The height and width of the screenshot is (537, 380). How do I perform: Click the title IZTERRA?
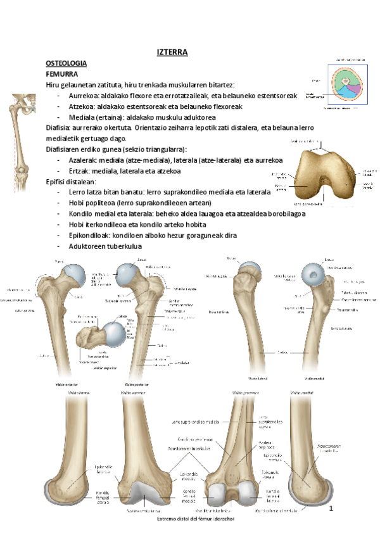click(x=172, y=53)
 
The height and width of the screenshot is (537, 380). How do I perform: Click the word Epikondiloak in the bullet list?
click(x=89, y=235)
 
